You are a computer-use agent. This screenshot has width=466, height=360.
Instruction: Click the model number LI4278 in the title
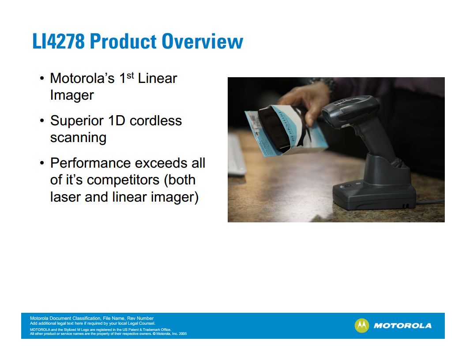click(x=59, y=41)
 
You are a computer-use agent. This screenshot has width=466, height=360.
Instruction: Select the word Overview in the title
click(x=203, y=41)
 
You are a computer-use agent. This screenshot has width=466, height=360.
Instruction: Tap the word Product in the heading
click(x=123, y=41)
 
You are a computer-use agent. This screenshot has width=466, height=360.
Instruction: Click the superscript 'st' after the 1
click(x=130, y=75)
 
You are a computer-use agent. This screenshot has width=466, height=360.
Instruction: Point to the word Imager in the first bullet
click(x=72, y=96)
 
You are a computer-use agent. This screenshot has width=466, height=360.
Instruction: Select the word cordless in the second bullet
click(x=156, y=120)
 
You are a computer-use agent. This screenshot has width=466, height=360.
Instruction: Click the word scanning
click(x=78, y=138)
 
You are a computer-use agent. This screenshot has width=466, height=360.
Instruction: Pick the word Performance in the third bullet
click(x=90, y=163)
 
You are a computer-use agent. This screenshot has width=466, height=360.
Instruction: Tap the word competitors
click(x=123, y=180)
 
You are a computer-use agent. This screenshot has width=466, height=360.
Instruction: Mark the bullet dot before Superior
click(x=42, y=121)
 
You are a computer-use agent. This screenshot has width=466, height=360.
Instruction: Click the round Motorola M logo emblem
click(x=362, y=326)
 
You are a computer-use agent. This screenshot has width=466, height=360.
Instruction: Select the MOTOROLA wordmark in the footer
click(x=403, y=326)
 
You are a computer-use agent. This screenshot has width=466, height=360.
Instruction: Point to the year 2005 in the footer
click(x=183, y=334)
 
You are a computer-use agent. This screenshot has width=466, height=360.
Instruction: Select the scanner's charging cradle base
click(x=375, y=190)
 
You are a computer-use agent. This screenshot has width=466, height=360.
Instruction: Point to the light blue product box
click(x=286, y=131)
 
